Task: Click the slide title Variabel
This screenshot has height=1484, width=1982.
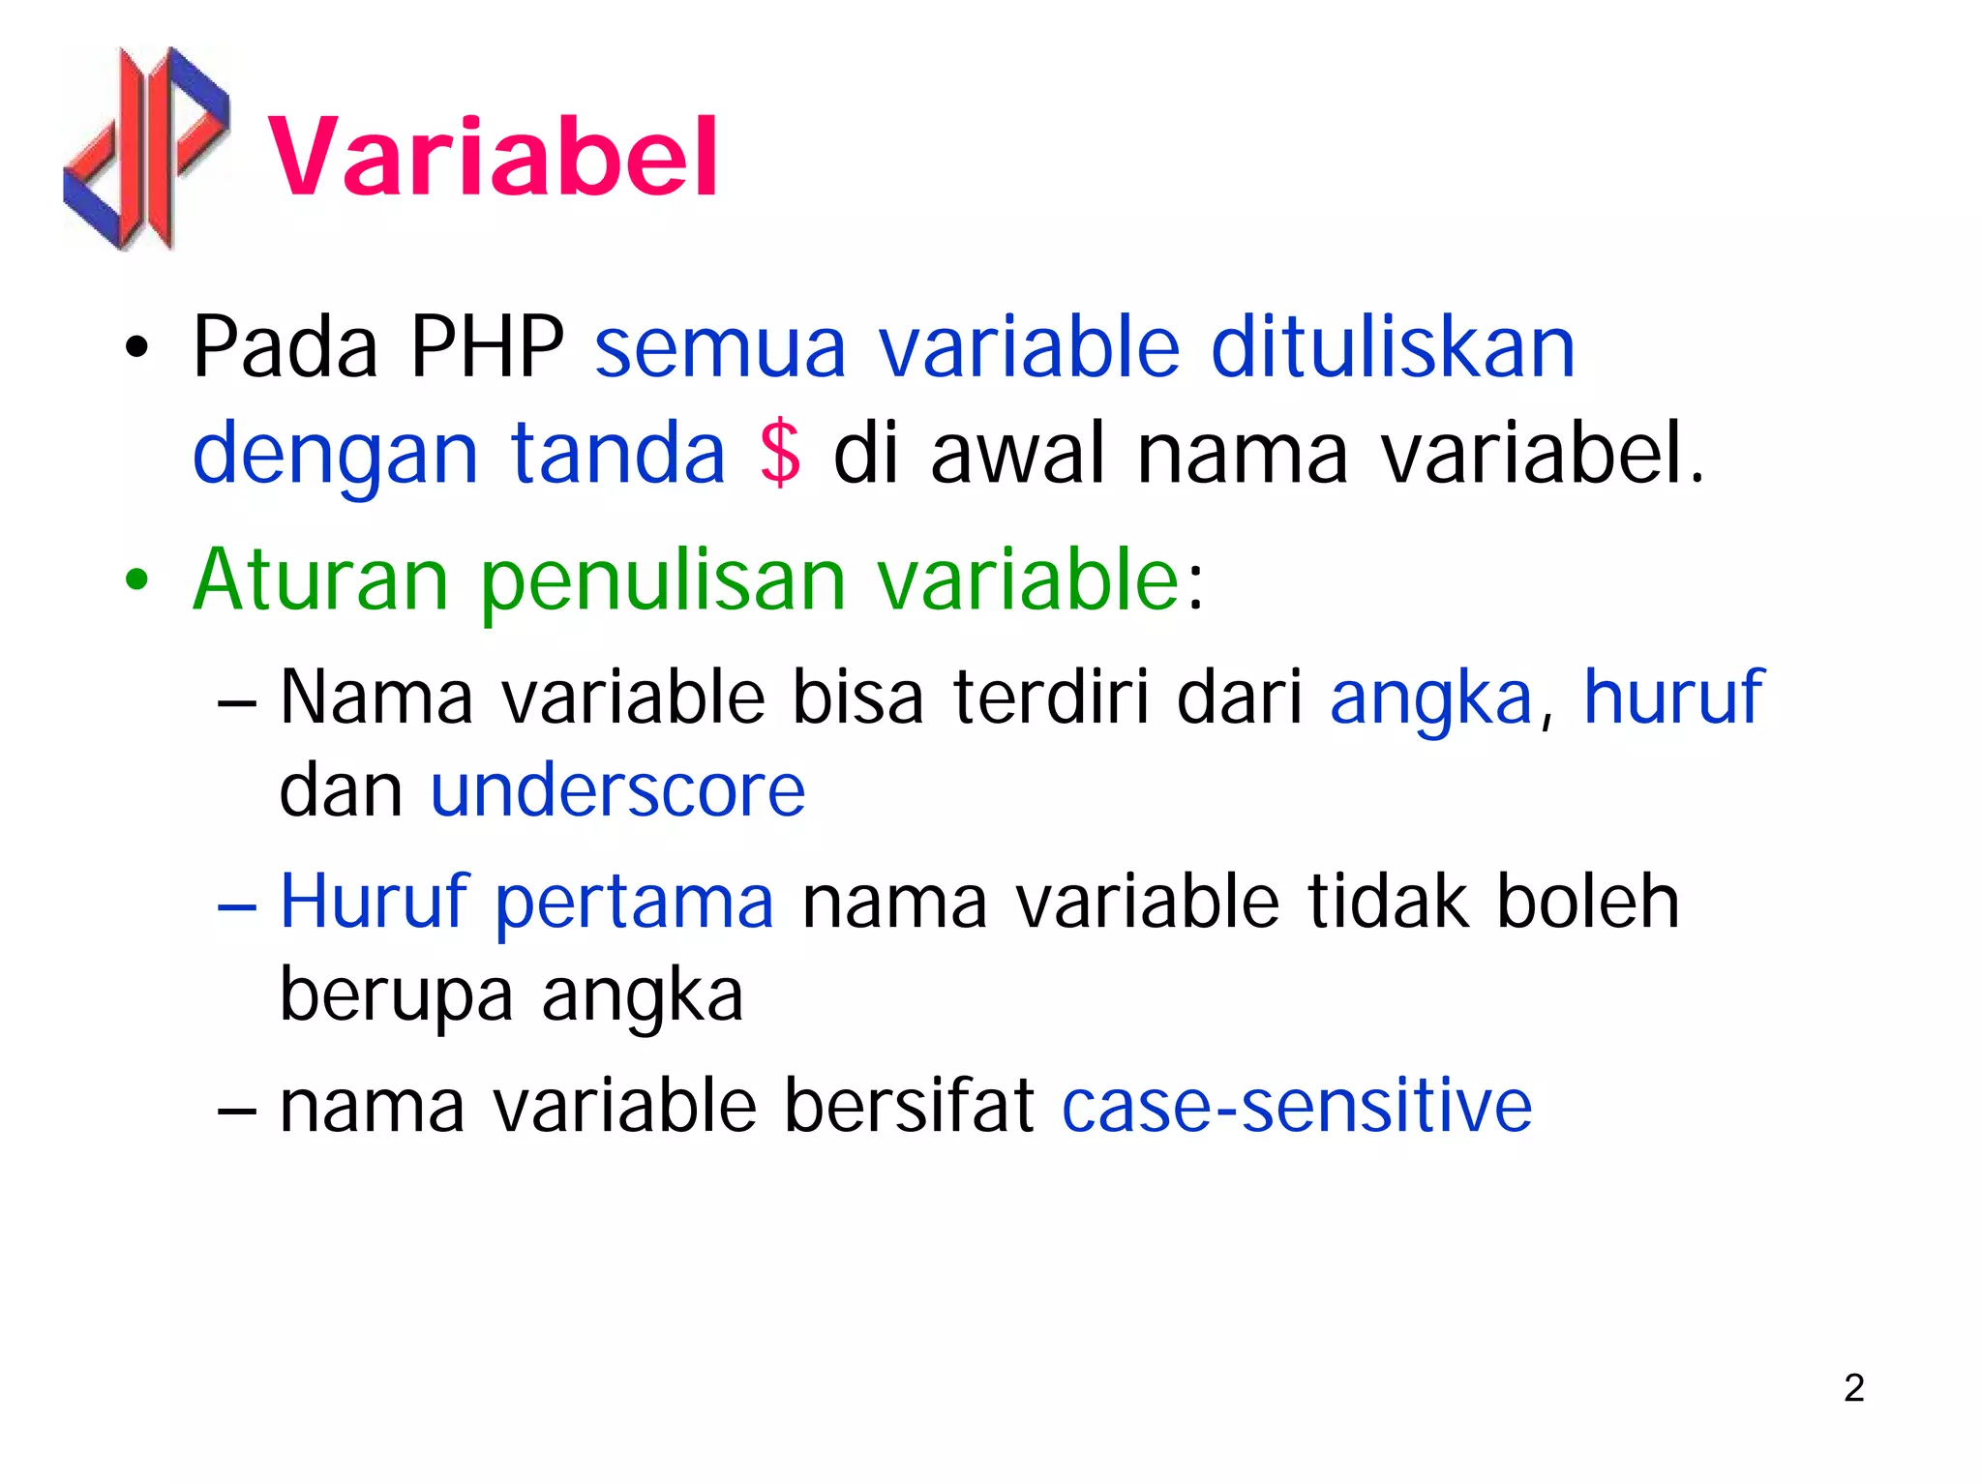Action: tap(492, 157)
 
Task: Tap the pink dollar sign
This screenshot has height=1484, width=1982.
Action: tap(780, 453)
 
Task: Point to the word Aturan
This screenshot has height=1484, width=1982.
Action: tap(320, 579)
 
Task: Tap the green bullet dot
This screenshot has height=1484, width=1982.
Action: tap(136, 581)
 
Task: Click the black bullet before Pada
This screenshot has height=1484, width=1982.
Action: tap(136, 348)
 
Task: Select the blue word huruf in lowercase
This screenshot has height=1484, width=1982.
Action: tap(1672, 697)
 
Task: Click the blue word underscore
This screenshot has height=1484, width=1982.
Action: tap(617, 790)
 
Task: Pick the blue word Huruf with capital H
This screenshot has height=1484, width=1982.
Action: tap(374, 901)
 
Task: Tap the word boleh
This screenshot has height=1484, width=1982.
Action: tap(1587, 901)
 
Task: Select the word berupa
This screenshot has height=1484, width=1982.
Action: tap(396, 996)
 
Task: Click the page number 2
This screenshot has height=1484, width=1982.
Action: tap(1853, 1388)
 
